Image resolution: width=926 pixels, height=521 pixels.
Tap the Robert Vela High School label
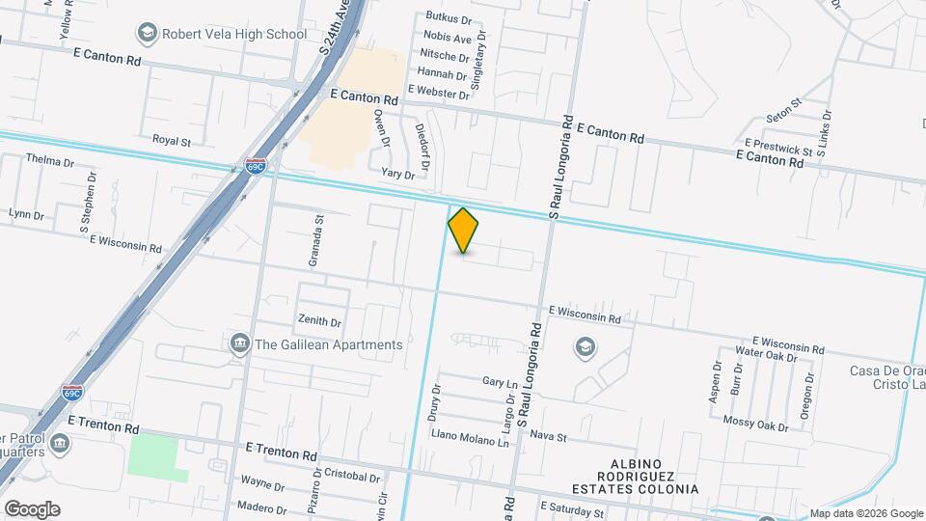coord(234,34)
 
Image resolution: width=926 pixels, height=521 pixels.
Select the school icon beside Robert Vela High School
coord(147,34)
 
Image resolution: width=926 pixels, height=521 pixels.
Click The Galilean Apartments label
coord(328,344)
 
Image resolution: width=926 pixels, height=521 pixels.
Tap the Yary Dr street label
coord(397,174)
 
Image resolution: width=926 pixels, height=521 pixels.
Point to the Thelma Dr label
coord(50,160)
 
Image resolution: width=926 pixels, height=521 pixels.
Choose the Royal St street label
coord(172,140)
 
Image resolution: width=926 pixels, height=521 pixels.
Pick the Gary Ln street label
coord(500,383)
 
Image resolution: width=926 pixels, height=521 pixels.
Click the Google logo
coord(32,508)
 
